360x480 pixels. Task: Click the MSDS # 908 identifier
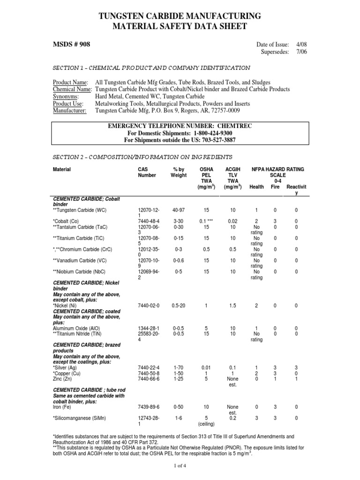pyautogui.click(x=72, y=45)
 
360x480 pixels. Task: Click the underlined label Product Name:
pyautogui.click(x=70, y=82)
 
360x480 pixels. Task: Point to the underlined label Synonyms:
pyautogui.click(x=68, y=96)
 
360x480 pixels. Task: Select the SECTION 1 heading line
pyautogui.click(x=151, y=67)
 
